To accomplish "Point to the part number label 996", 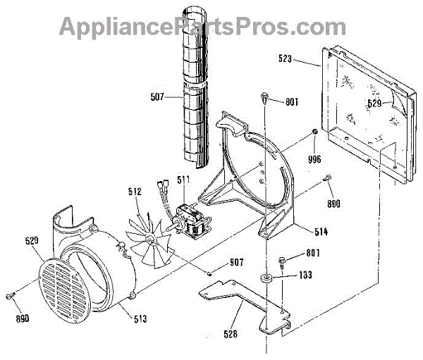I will (x=314, y=159).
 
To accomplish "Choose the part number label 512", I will (x=135, y=190).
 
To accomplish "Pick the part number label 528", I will (x=231, y=336).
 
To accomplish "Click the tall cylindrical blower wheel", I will (x=192, y=88).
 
